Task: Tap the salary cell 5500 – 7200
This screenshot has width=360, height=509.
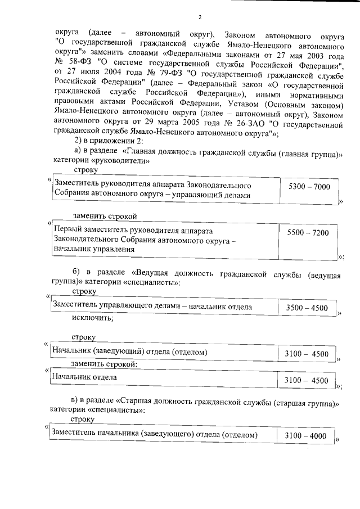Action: (x=308, y=232)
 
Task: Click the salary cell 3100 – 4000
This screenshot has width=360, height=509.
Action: (x=305, y=435)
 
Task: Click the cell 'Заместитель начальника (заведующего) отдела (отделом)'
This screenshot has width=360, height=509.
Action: (x=154, y=435)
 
